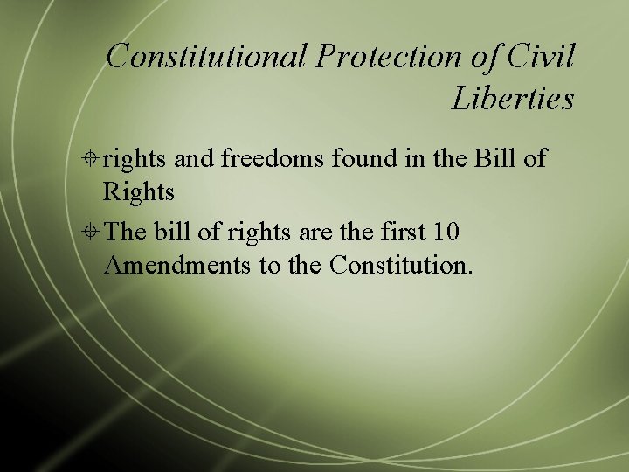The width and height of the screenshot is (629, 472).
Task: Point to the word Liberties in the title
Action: point(513,98)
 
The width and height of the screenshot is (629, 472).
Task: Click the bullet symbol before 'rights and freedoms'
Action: point(92,159)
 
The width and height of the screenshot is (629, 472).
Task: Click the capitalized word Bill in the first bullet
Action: point(495,159)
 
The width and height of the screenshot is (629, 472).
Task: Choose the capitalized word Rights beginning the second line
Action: point(139,191)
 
